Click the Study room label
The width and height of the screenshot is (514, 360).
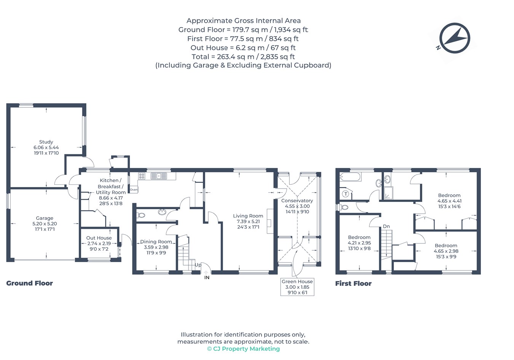pyautogui.click(x=46, y=142)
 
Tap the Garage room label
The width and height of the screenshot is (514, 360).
pyautogui.click(x=45, y=218)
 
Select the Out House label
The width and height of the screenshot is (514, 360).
pyautogui.click(x=99, y=238)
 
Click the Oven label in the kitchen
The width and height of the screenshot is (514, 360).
pyautogui.click(x=134, y=190)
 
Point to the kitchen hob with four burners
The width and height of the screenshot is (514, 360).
pyautogui.click(x=142, y=176)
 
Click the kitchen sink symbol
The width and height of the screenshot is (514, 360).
pyautogui.click(x=158, y=176)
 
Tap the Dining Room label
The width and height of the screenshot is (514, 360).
pyautogui.click(x=156, y=242)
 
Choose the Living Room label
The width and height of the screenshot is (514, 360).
pyautogui.click(x=248, y=216)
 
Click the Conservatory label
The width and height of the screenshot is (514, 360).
pyautogui.click(x=297, y=201)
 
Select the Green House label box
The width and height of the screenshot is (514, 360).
pyautogui.click(x=297, y=287)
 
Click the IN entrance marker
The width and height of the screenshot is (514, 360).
pyautogui.click(x=207, y=278)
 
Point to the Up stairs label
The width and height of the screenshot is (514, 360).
pyautogui.click(x=198, y=265)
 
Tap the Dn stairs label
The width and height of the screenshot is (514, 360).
pyautogui.click(x=386, y=226)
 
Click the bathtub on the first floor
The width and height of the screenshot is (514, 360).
pyautogui.click(x=350, y=177)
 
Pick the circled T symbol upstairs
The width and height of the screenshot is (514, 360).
pyautogui.click(x=346, y=194)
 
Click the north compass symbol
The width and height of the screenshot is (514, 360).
pyautogui.click(x=455, y=38)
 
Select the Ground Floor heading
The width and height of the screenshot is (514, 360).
pyautogui.click(x=29, y=283)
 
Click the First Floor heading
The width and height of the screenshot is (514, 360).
pyautogui.click(x=353, y=283)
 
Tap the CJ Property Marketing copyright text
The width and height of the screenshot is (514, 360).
pyautogui.click(x=243, y=349)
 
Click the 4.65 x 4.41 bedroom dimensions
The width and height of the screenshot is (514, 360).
pyautogui.click(x=449, y=201)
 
